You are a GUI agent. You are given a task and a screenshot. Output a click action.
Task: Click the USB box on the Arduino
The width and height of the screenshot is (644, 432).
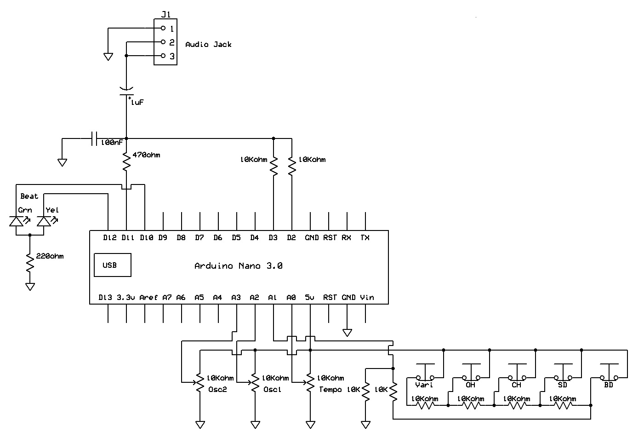coord(112,265)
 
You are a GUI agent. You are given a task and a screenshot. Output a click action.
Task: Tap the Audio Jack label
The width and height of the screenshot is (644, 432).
coord(208,45)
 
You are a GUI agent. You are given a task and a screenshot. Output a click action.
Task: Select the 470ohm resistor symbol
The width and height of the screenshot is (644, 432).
coord(126,162)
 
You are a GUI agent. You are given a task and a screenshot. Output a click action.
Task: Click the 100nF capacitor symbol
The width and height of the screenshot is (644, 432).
coord(94,138)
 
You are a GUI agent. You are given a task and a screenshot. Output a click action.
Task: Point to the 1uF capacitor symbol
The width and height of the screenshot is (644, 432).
coord(126,92)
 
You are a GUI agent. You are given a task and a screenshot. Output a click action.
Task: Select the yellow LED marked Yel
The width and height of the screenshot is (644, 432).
coord(44,221)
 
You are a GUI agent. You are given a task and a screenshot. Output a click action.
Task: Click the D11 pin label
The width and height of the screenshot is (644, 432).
coord(127,238)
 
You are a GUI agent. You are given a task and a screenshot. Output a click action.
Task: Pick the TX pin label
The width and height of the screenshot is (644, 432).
coord(365,238)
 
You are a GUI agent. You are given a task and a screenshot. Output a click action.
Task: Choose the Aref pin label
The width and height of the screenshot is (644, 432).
coord(148,298)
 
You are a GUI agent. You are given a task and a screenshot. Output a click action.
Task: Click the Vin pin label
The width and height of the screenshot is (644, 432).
coord(367,298)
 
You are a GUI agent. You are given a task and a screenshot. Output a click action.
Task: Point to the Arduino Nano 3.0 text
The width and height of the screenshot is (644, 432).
coord(238,266)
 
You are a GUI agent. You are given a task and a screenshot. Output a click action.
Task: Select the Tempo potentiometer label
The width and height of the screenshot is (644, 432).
coord(330,389)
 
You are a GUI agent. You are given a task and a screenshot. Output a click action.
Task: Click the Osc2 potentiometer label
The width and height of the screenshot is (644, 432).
coord(217,389)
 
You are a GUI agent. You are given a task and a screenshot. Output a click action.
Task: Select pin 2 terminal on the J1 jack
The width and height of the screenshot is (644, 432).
coord(163,42)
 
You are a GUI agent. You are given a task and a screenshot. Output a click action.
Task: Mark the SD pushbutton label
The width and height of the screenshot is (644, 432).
coord(562,385)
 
